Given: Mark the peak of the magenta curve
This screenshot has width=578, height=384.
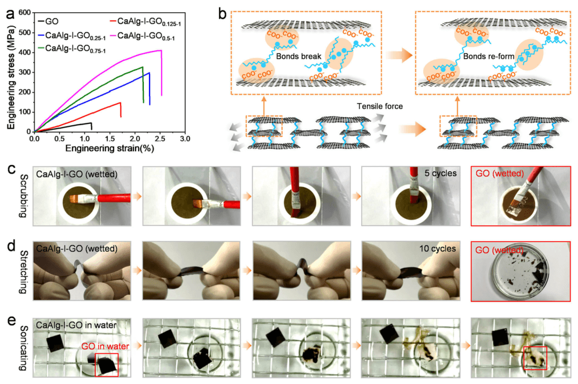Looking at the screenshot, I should click(x=160, y=50).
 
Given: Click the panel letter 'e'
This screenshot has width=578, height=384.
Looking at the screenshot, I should click(x=10, y=320).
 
